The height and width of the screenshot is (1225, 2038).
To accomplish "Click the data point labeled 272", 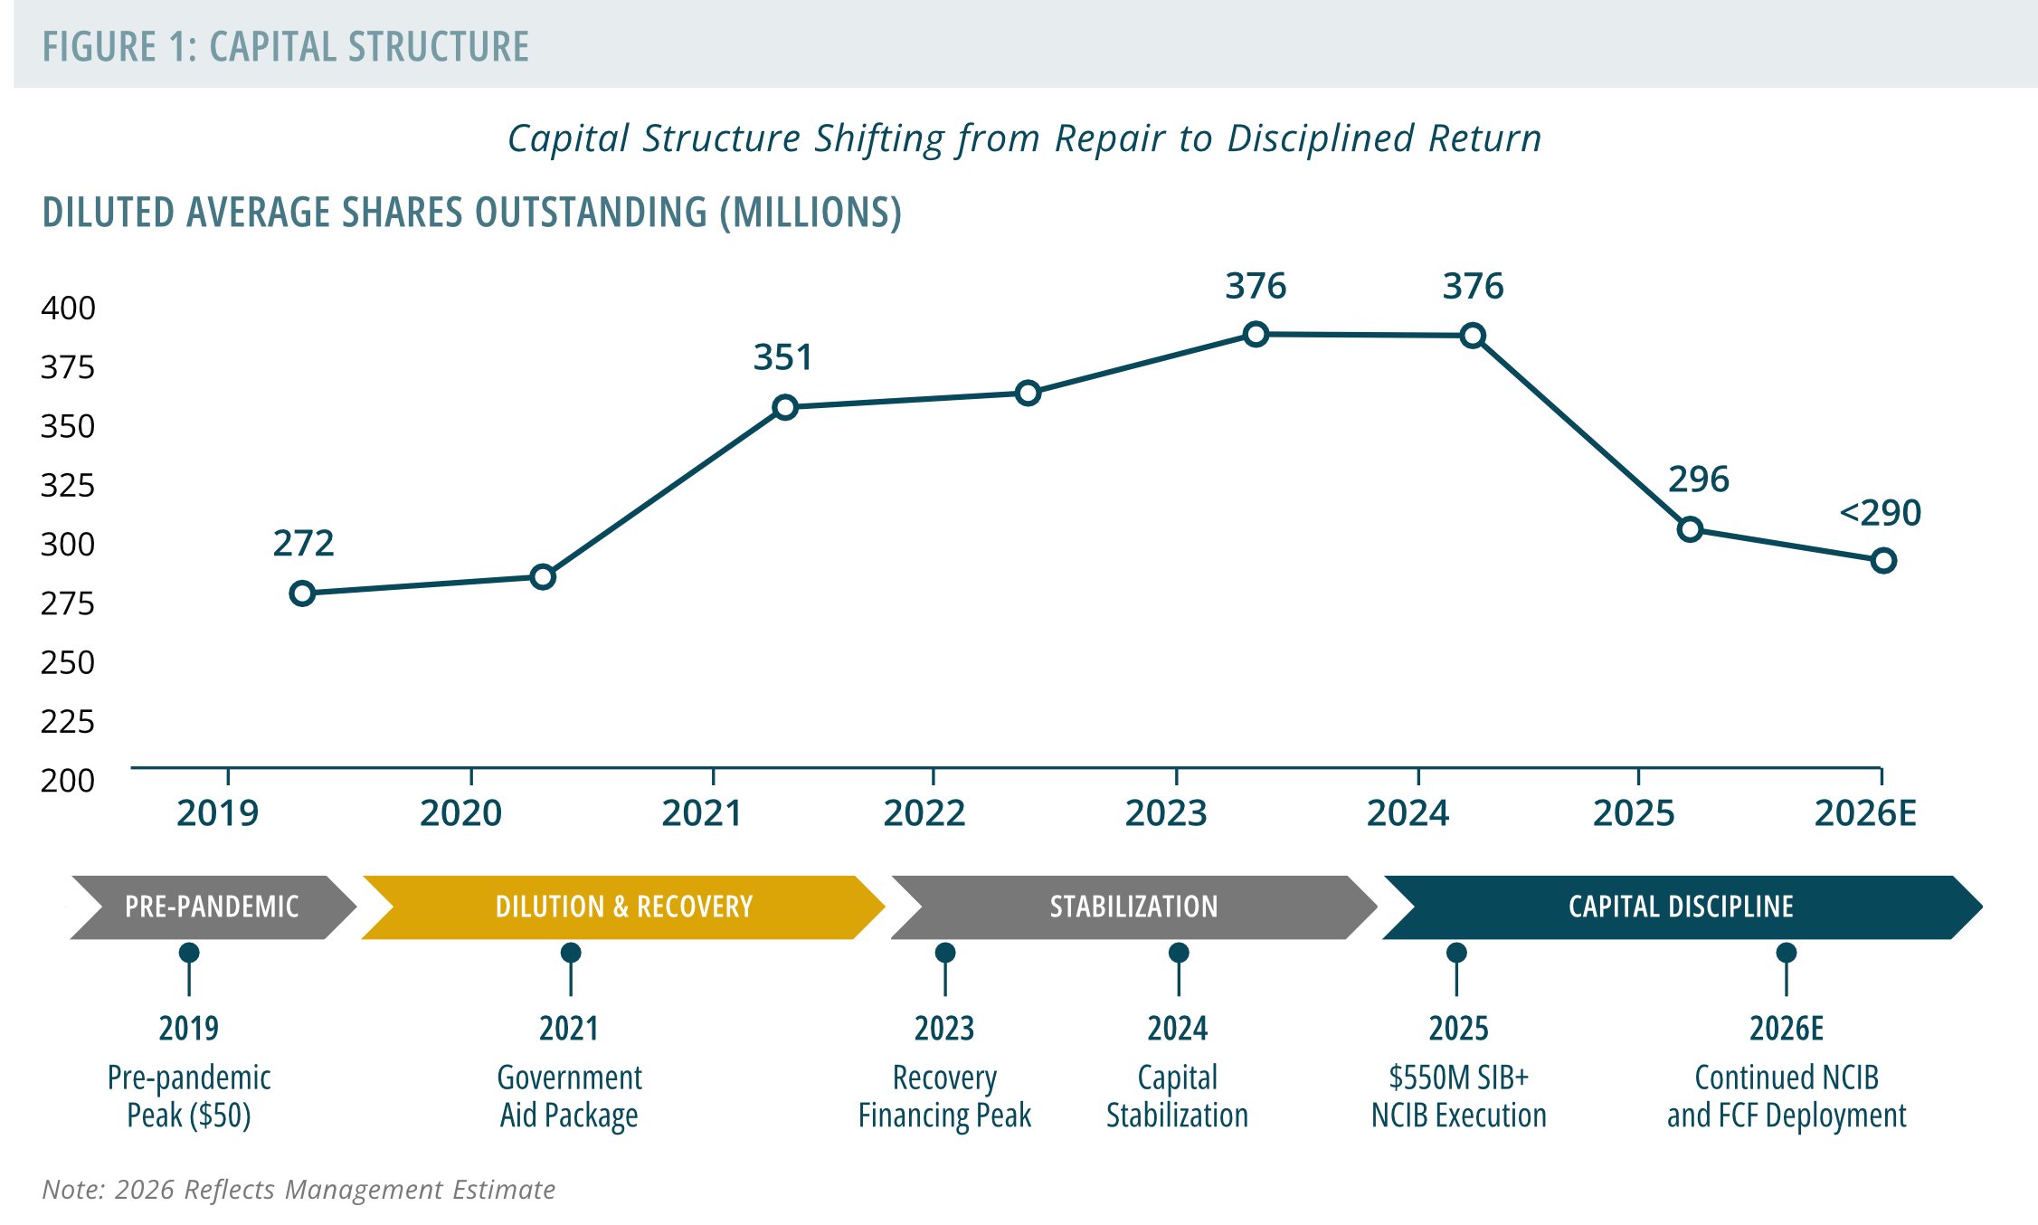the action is coord(302,594).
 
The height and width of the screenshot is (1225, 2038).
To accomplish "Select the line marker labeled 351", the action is coord(785,407).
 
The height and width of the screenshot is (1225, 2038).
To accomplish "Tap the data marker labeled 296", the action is coord(1690,529).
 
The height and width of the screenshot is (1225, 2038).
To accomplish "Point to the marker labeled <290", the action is coord(1883,561).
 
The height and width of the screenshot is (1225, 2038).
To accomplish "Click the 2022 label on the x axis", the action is coord(924,813).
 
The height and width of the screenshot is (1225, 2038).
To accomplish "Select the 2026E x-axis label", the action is coord(1865,813).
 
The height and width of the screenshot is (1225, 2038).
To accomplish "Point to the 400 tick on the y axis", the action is coord(68,309).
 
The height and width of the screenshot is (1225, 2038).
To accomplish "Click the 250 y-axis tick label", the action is coord(68,663).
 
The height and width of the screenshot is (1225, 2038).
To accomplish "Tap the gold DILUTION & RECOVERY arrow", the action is coord(623,907).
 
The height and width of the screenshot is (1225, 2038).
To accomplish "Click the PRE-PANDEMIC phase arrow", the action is coord(213,907).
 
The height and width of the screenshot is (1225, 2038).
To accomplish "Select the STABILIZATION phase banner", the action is coord(1134,907).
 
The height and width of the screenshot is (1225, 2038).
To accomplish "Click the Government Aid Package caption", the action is coord(570,1097).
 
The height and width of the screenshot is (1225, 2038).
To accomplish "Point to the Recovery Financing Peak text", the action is coord(945,1097).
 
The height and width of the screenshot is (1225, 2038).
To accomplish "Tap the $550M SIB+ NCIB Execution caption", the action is coord(1458,1097).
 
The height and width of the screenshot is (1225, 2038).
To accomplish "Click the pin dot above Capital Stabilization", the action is coord(1179,953).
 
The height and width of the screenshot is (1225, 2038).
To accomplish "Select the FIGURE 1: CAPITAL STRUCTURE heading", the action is coord(286,47).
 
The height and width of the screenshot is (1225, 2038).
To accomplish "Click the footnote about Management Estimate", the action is coord(299,1189).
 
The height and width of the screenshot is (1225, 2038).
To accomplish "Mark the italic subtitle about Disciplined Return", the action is coord(1024,138).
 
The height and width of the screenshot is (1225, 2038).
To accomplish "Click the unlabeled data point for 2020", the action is coord(543,576).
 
